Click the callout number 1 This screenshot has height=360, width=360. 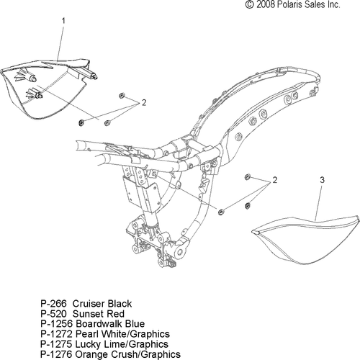click(x=63, y=21)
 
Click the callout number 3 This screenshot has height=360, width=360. click(x=323, y=180)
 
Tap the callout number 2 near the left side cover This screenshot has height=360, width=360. click(x=144, y=103)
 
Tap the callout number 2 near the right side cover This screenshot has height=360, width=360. click(x=275, y=180)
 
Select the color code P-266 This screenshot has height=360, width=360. click(x=53, y=304)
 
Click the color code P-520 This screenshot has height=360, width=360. click(x=53, y=314)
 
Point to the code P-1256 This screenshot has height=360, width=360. click(x=56, y=324)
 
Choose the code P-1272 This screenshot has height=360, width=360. click(x=56, y=334)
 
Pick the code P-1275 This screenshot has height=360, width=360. click(x=56, y=344)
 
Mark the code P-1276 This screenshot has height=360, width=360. click(x=56, y=354)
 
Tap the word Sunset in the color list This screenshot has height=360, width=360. click(x=88, y=314)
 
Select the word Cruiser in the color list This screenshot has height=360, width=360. click(x=89, y=304)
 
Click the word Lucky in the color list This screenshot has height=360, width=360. click(x=86, y=344)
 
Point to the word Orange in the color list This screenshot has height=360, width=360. click(x=91, y=354)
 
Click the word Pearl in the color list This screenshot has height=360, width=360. click(x=86, y=334)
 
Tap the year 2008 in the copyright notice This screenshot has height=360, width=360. click(x=265, y=4)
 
